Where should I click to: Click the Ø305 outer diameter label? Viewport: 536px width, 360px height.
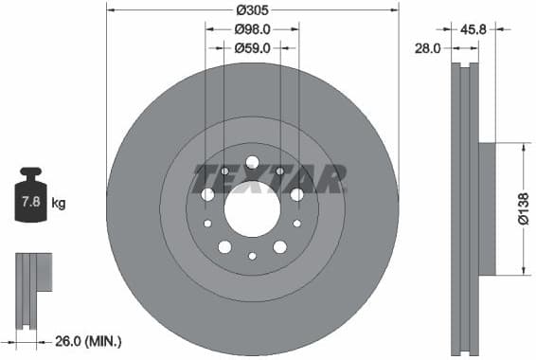(252, 9)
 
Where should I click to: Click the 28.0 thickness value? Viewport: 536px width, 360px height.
(428, 47)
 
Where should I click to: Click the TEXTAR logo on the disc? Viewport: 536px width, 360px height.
(270, 177)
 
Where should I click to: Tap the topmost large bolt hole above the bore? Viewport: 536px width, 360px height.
(252, 162)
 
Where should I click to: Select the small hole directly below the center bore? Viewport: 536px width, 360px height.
(252, 256)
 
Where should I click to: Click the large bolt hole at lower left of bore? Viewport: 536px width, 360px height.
(224, 247)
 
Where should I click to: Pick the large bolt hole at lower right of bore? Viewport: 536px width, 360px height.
(279, 247)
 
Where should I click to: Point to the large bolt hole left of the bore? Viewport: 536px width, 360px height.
(207, 194)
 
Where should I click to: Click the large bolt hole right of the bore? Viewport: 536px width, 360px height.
(296, 194)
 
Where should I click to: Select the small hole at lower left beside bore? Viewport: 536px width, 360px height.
(207, 224)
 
